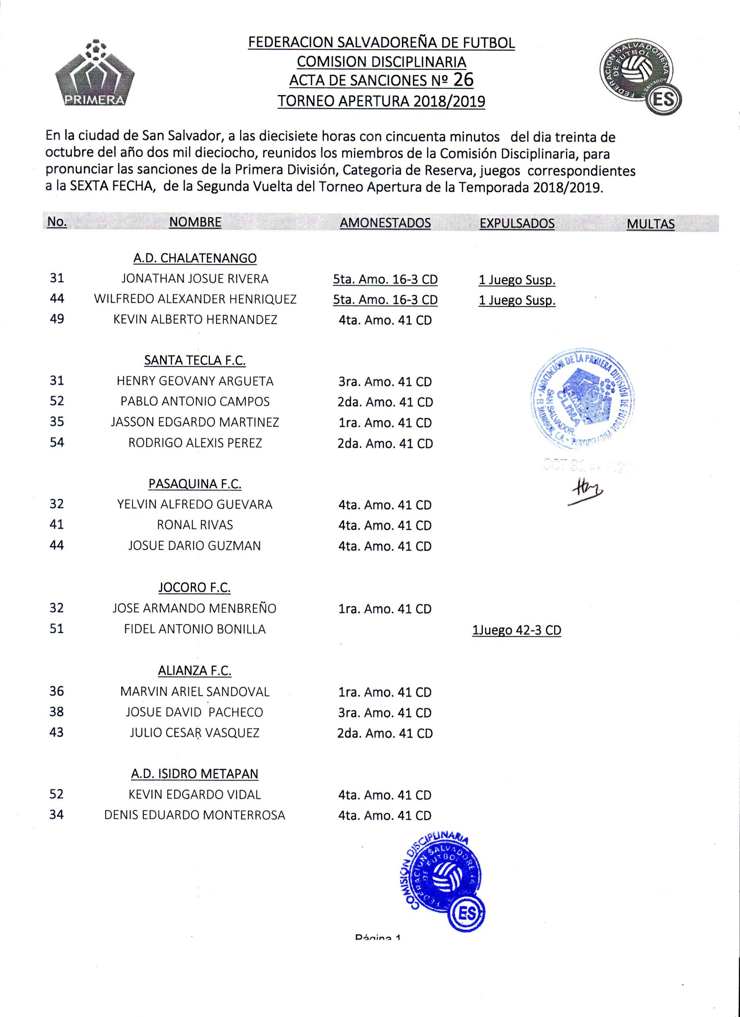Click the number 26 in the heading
(463, 79)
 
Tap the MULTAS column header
(650, 224)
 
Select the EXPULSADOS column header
(517, 223)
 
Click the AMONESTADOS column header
(385, 223)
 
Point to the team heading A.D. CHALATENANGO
(195, 258)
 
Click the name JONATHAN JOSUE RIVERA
(195, 279)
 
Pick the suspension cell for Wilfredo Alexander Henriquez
(517, 300)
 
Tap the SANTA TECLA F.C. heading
(195, 361)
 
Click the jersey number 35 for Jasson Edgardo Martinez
(57, 422)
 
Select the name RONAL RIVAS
(195, 525)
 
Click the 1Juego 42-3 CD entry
(516, 630)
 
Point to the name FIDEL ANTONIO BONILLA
(195, 629)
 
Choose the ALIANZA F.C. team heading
(195, 671)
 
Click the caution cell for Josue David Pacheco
(385, 713)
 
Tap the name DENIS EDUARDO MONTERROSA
(195, 815)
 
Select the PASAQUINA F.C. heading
(195, 484)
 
